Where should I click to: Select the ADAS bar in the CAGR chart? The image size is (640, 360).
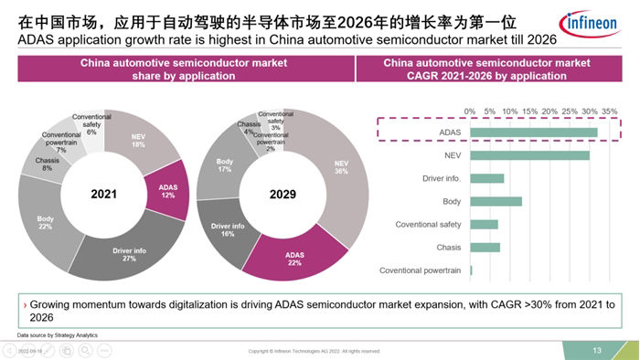pos(534,132)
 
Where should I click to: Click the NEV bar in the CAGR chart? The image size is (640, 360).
pos(529,155)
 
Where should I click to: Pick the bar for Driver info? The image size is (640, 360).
pos(487,178)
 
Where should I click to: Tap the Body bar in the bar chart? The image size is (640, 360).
pos(496,201)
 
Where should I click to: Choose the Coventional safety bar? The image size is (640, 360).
pos(484,224)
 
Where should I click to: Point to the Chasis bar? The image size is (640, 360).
pos(485,247)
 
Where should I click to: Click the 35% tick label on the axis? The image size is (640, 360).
pos(610,111)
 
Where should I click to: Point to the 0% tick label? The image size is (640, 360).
pos(471,111)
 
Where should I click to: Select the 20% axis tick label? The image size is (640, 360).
pos(549,111)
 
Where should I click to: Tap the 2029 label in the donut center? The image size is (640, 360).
pos(282,195)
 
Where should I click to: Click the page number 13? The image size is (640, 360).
pos(596,350)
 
